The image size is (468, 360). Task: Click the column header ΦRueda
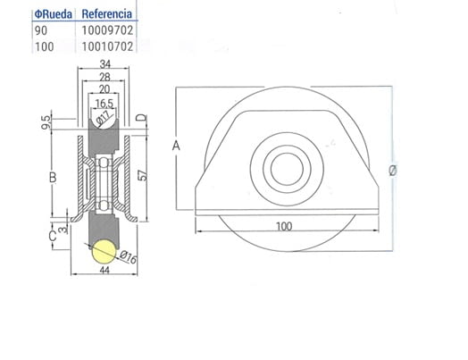click(x=54, y=14)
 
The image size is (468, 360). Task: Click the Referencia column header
click(x=106, y=14)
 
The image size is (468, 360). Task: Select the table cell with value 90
click(x=41, y=29)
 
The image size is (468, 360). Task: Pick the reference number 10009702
click(x=107, y=29)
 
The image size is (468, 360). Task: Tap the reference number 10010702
click(x=107, y=46)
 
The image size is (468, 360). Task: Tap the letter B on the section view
click(x=53, y=177)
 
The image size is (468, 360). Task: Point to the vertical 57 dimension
click(x=142, y=174)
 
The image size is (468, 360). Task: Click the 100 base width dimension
click(x=284, y=226)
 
